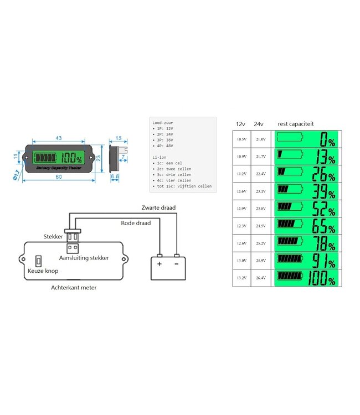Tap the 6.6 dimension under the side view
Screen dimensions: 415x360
coord(115,177)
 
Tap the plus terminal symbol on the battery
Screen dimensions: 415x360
coord(160,263)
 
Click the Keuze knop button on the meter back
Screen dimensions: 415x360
coord(39,261)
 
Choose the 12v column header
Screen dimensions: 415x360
coord(240,124)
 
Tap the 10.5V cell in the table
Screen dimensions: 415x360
coord(241,139)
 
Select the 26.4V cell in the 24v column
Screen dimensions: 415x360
coord(261,277)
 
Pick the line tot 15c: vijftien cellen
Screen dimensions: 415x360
coord(185,186)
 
